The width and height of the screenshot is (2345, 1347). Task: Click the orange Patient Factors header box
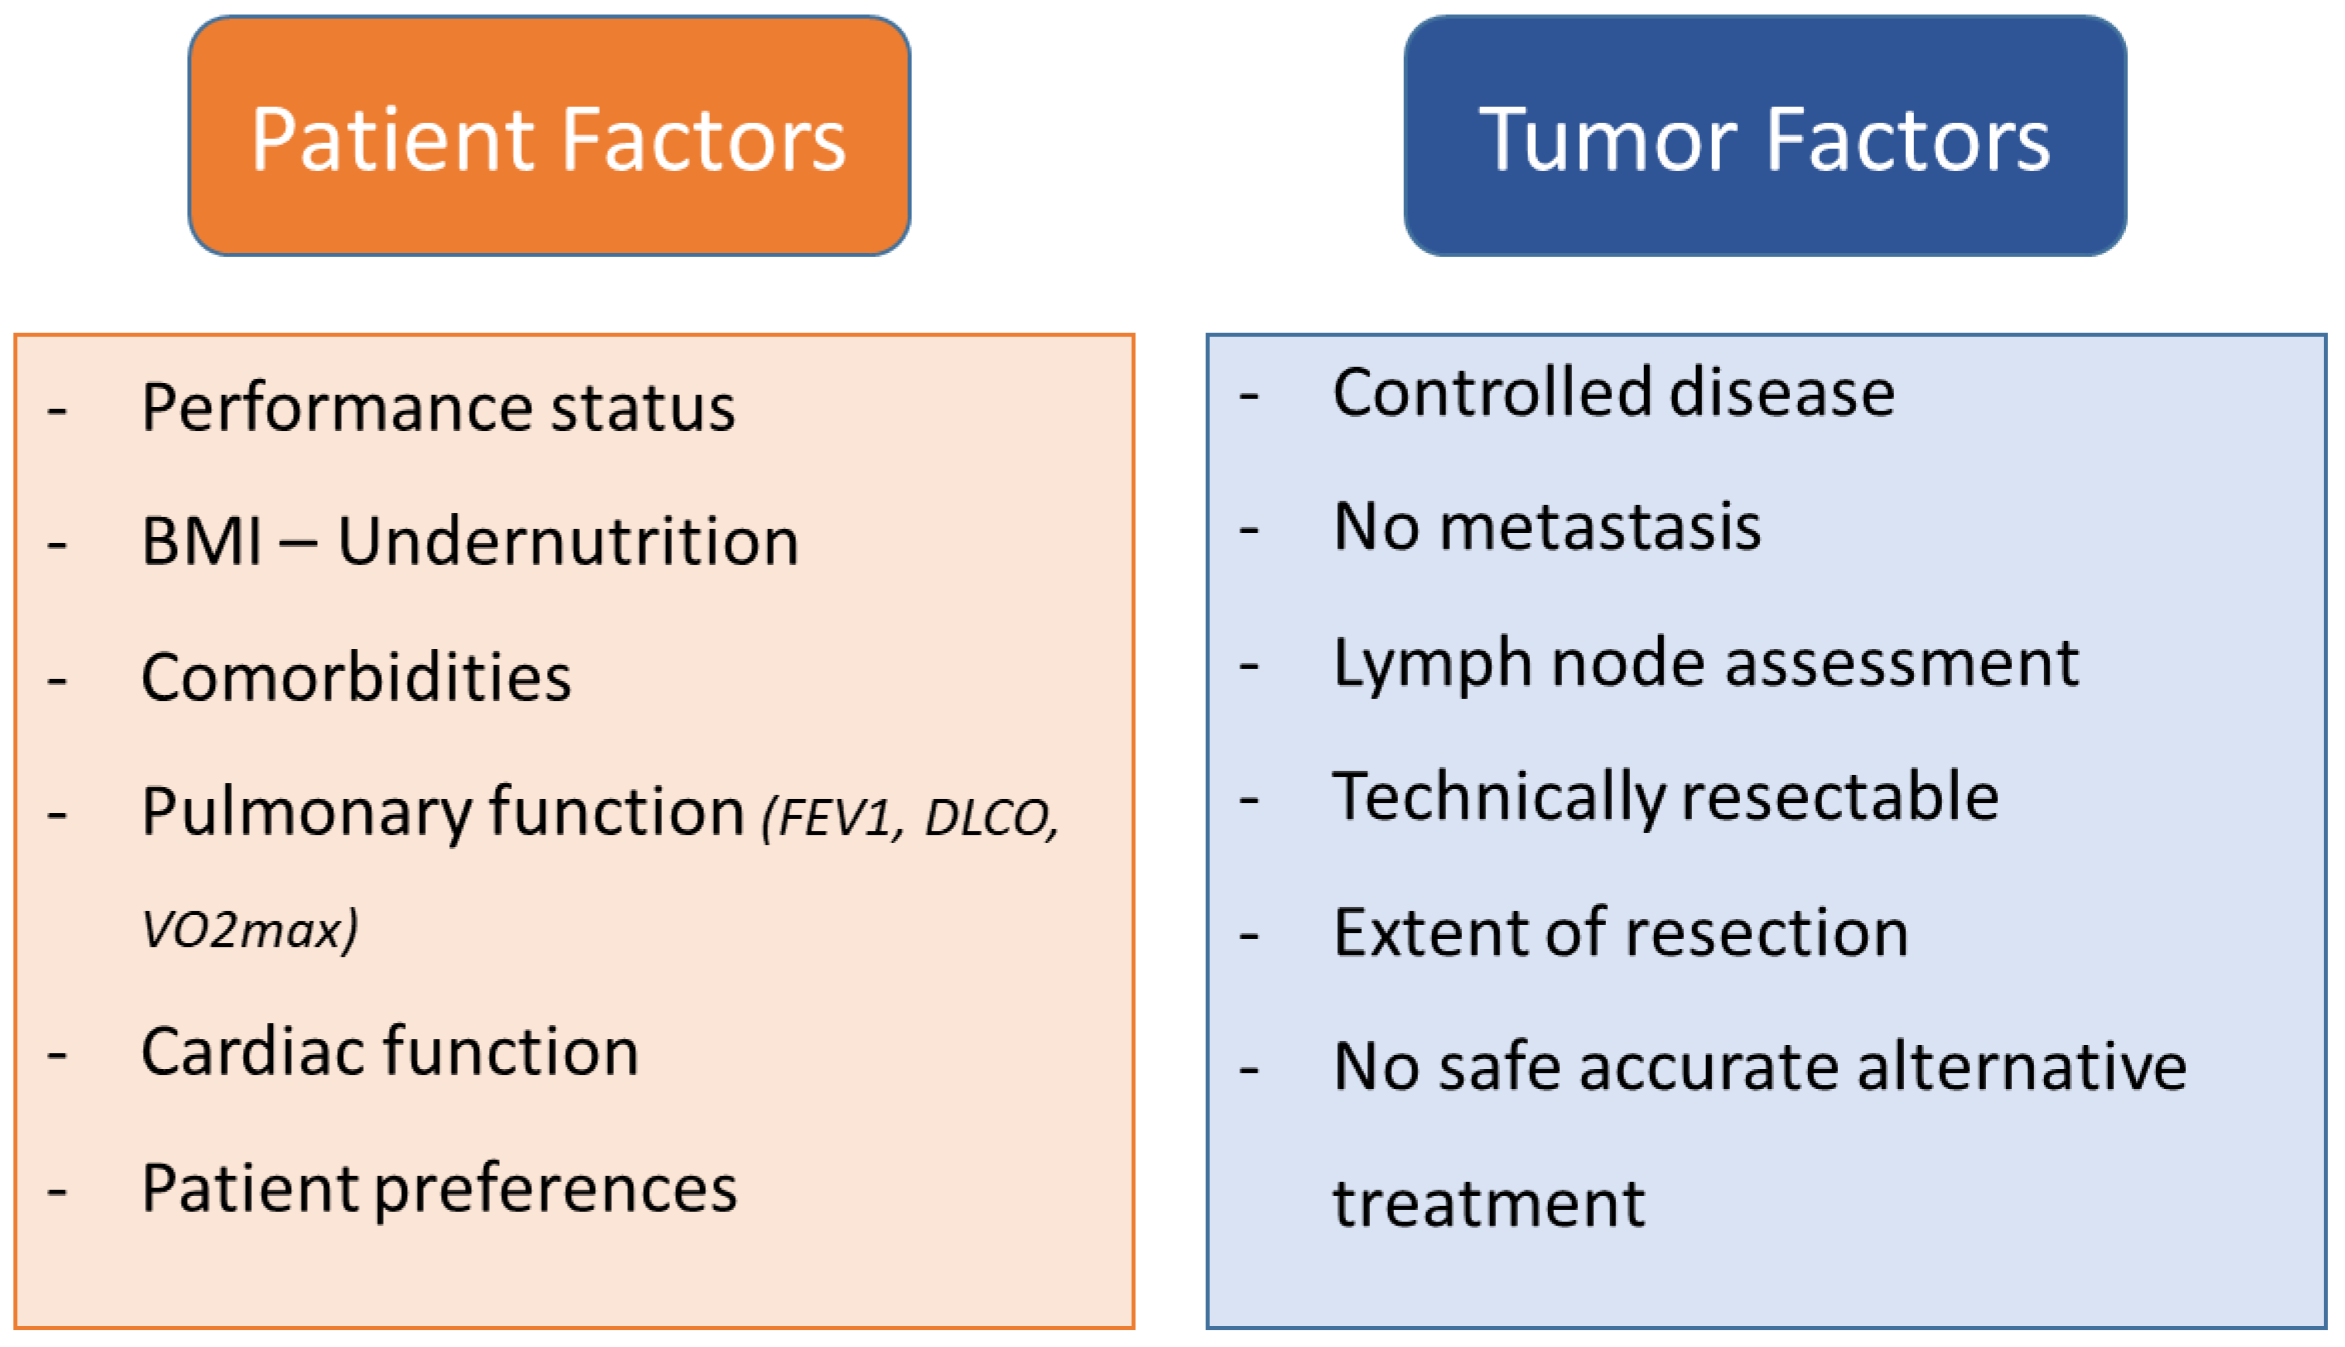click(548, 136)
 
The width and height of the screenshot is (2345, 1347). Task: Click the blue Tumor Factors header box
click(1764, 136)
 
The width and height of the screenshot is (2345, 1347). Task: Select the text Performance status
click(437, 407)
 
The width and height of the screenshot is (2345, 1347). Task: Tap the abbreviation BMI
click(201, 541)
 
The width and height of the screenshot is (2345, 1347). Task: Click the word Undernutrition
click(567, 541)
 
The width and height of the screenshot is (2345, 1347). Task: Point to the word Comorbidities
click(356, 677)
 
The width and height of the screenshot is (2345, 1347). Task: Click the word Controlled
click(1491, 393)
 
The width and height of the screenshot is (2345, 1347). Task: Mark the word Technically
click(1499, 797)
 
